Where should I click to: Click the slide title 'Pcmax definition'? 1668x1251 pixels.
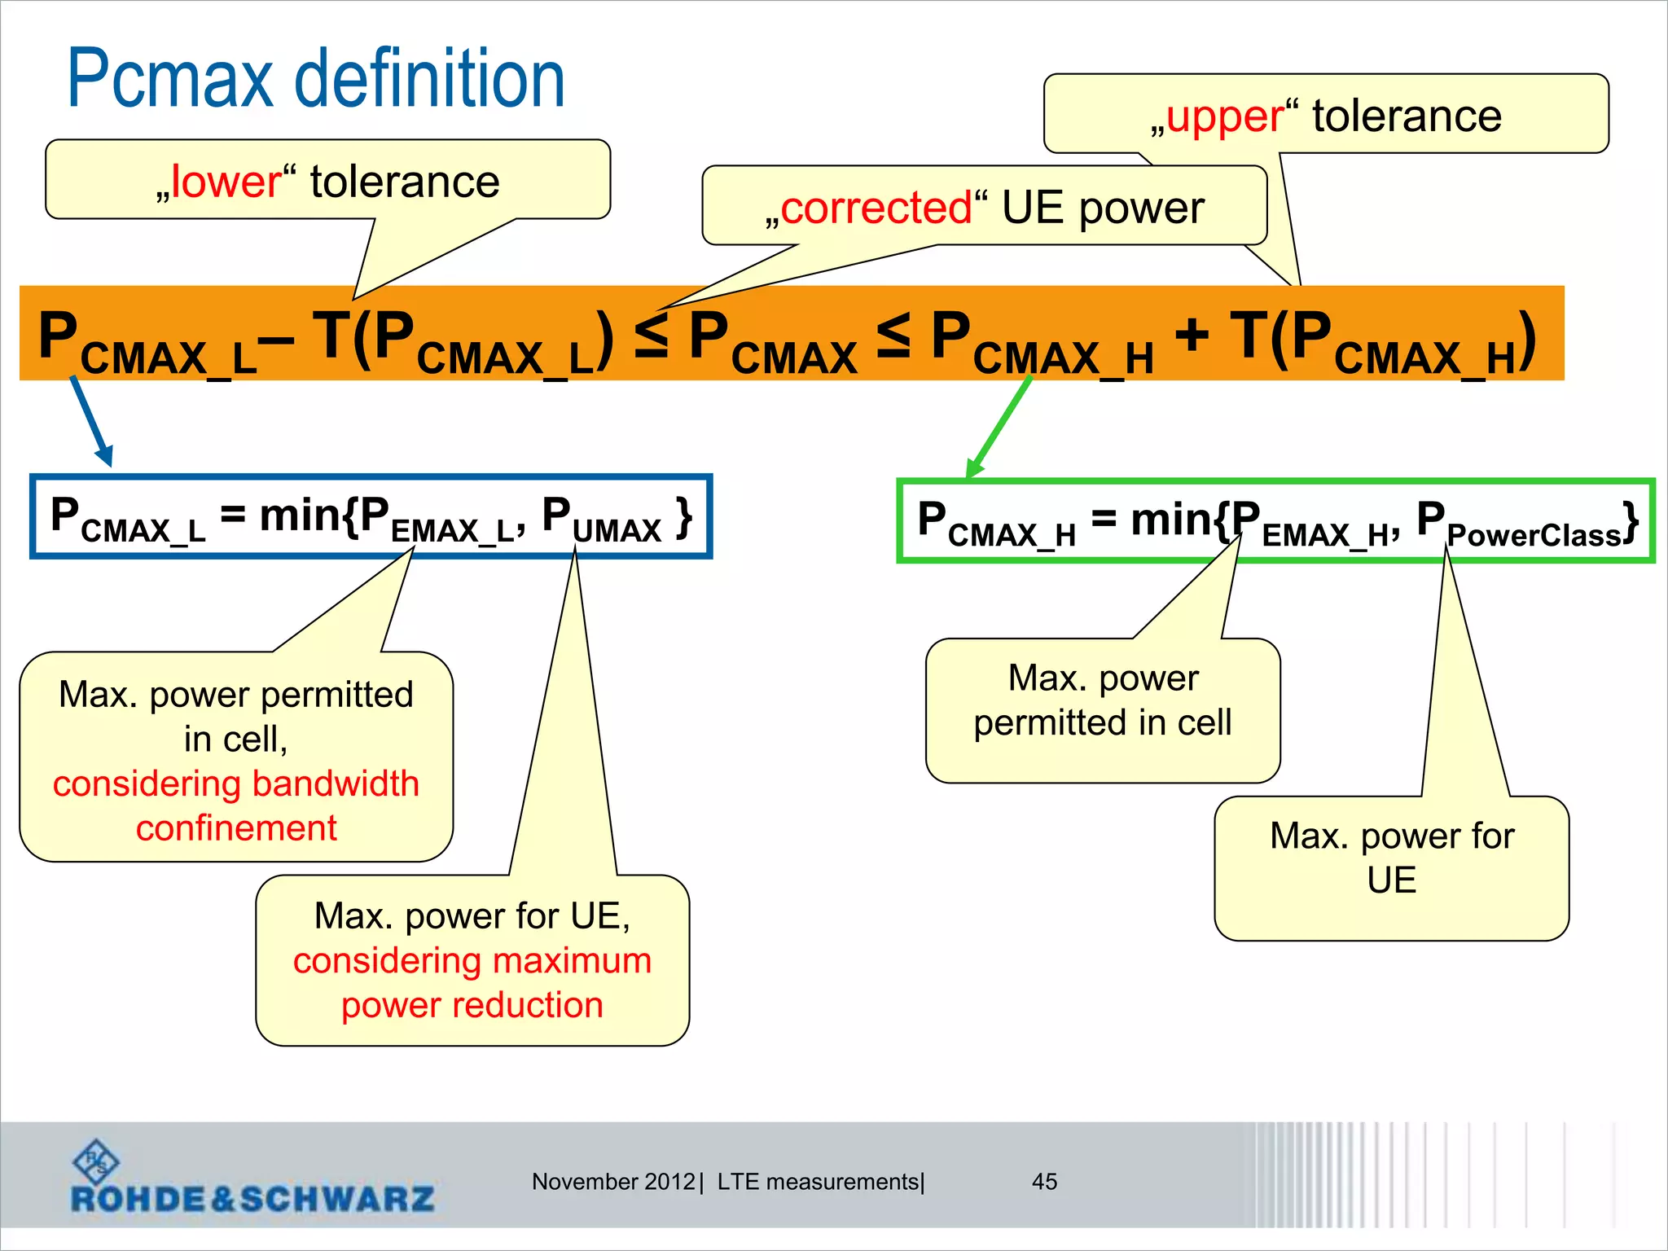(316, 79)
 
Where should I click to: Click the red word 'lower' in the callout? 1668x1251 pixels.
(226, 182)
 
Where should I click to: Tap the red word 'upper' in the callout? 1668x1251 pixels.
(1225, 116)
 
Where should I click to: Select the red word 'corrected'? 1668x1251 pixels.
(876, 208)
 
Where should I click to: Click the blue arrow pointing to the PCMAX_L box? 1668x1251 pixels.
(90, 420)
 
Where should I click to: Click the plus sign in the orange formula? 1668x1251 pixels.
(1192, 335)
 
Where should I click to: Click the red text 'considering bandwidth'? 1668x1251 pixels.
(236, 784)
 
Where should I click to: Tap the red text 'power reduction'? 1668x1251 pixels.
(472, 1005)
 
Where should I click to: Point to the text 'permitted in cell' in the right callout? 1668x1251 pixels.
(1102, 723)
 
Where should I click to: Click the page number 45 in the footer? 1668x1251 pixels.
(1044, 1182)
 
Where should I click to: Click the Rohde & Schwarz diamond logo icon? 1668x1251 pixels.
(95, 1161)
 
